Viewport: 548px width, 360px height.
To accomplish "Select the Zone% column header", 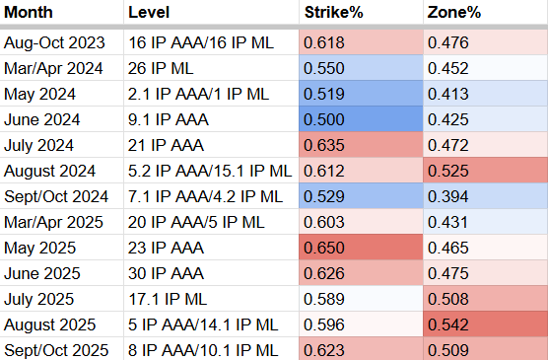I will coord(452,14).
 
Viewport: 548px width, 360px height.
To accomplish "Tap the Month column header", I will coord(32,14).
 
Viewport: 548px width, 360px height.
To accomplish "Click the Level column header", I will coord(150,14).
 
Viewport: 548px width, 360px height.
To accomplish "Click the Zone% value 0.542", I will coord(446,324).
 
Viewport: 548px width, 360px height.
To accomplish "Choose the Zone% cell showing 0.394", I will coord(446,196).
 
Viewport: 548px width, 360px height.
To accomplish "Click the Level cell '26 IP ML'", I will coord(161,68).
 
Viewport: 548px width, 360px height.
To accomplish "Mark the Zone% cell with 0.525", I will coord(446,171).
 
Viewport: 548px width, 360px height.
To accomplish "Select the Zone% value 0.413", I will coord(446,94).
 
